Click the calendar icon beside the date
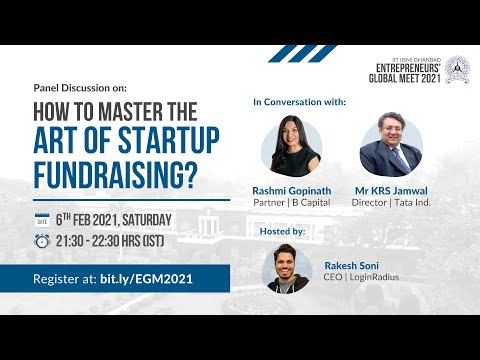click(42, 220)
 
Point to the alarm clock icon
click(42, 241)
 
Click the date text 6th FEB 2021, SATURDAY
click(114, 220)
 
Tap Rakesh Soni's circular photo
click(291, 269)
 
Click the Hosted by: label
click(286, 230)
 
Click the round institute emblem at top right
click(458, 68)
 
